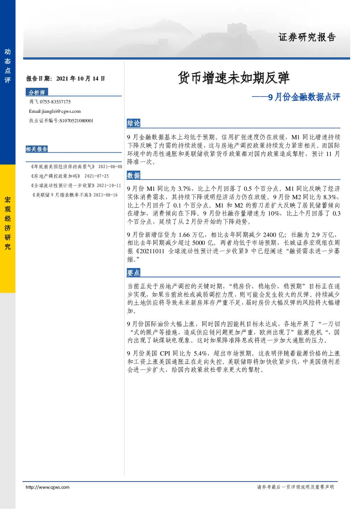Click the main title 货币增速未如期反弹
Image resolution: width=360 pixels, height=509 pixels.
233,78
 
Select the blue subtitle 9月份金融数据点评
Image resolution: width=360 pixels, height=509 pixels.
304,97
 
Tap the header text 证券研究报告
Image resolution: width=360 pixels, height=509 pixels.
307,37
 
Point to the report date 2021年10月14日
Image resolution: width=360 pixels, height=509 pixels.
81,79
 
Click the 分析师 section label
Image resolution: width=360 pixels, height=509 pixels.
37,93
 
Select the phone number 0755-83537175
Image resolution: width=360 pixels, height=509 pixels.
55,102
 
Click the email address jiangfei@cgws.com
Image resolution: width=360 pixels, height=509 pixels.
61,111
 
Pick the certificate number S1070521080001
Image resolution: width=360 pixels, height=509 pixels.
76,121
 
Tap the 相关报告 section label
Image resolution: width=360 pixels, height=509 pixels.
37,149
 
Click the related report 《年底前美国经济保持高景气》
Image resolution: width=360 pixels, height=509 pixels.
62,167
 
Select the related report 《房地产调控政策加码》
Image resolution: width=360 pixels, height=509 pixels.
56,176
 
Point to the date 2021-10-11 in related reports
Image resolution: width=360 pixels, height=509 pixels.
109,186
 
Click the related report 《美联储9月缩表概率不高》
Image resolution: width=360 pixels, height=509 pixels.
62,195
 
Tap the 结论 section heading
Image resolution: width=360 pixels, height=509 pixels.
134,123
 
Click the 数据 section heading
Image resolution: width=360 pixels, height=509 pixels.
134,176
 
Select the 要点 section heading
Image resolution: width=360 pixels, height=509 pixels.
134,273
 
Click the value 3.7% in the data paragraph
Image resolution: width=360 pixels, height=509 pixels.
184,189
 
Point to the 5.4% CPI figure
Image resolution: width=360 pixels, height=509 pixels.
200,353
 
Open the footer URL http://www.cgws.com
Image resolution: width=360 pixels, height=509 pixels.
48,487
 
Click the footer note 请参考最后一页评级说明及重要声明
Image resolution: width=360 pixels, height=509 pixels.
295,487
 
